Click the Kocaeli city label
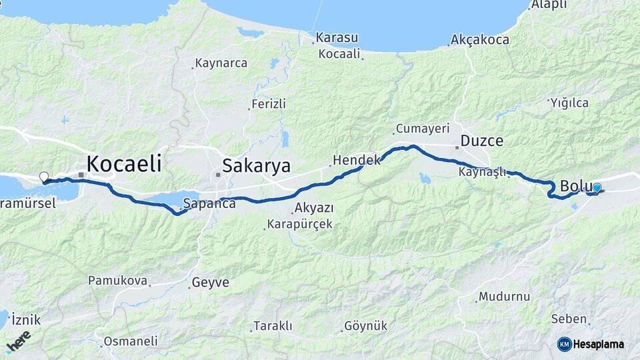click(125, 163)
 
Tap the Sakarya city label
click(257, 165)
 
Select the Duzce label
click(482, 141)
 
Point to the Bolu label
click(573, 185)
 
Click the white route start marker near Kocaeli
click(44, 177)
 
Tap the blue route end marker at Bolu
click(597, 188)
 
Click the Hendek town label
click(356, 160)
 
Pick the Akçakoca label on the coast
click(480, 40)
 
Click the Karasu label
click(337, 37)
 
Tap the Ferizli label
click(268, 104)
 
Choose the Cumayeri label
click(423, 128)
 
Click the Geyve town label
click(210, 283)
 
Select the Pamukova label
click(117, 281)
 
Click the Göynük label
click(365, 326)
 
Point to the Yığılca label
click(569, 103)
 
